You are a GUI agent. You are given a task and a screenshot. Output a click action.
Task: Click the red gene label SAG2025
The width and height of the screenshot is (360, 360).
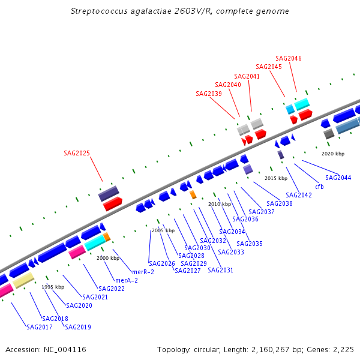tap(77, 153)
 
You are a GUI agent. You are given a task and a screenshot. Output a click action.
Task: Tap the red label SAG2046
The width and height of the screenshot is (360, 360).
tap(289, 58)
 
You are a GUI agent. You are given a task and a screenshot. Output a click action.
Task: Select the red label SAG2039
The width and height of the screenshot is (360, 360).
tap(209, 94)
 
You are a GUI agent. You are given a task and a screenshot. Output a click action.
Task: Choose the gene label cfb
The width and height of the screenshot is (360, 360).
tap(319, 187)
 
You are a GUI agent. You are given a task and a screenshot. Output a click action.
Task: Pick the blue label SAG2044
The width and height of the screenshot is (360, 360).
tap(338, 178)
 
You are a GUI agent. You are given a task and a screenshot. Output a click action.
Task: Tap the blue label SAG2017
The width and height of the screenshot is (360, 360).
tap(40, 327)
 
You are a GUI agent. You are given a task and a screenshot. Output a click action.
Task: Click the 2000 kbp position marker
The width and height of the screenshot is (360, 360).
tap(108, 258)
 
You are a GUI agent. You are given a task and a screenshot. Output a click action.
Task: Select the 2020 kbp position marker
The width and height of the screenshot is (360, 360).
tap(333, 154)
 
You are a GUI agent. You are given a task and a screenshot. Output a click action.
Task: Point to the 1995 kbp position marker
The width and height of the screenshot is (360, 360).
tap(53, 287)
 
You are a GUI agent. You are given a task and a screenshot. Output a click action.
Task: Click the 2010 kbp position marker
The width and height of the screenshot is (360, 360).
tap(220, 204)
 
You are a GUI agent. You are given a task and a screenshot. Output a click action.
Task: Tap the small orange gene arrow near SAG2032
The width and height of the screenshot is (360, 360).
tap(193, 194)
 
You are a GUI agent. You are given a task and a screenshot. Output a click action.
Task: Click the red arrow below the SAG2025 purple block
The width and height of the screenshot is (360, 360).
tap(112, 205)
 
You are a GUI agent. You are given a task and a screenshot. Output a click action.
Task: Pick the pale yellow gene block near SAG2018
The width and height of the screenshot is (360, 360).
tap(23, 281)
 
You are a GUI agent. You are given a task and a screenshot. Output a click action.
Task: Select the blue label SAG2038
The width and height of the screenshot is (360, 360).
tap(280, 203)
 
